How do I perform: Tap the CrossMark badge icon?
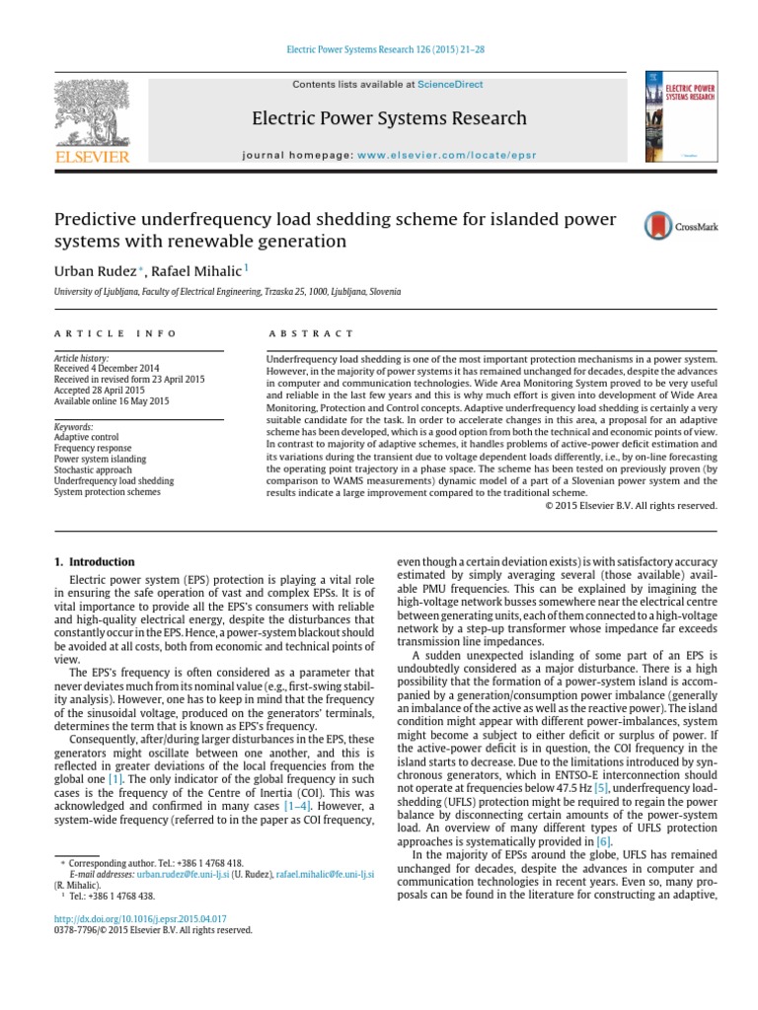point(658,226)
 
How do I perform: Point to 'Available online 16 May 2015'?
point(112,401)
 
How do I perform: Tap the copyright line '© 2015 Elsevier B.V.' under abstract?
point(631,506)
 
